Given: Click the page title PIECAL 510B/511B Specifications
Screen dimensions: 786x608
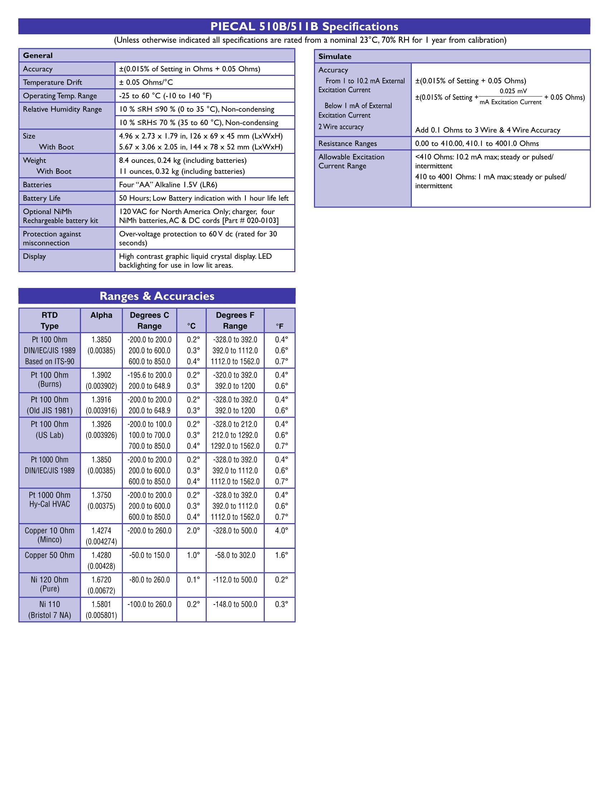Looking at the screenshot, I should tap(304, 27).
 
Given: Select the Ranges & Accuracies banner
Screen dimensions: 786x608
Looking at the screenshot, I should tap(157, 296).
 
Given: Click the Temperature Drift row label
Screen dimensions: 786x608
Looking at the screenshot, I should tap(53, 83).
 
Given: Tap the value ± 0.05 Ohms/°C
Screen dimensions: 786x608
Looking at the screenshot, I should tap(146, 83).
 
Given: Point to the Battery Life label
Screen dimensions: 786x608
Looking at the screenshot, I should tap(42, 198).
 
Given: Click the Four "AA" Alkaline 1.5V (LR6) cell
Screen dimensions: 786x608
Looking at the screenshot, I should tap(168, 185).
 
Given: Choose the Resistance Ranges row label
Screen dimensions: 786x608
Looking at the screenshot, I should tap(348, 144).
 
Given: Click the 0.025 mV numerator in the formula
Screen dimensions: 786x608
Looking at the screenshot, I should tap(513, 91).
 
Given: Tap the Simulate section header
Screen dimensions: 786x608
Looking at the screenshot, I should tap(335, 56).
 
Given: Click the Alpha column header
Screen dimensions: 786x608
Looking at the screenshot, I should tap(101, 315).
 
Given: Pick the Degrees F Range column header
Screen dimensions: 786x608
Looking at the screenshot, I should tap(235, 320).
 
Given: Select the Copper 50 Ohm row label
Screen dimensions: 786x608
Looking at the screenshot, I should tap(50, 555).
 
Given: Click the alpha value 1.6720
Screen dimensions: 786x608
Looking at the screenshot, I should tap(101, 580).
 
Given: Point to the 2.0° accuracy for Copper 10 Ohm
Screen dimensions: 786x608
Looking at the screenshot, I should tap(193, 531).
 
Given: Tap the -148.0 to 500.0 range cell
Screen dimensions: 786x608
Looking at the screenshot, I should tap(235, 604).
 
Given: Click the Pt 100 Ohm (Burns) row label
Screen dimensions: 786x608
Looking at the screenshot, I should tap(50, 379).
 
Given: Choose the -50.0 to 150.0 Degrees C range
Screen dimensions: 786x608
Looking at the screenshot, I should tap(149, 555).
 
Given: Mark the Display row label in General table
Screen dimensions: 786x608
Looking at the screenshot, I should tap(35, 257).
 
